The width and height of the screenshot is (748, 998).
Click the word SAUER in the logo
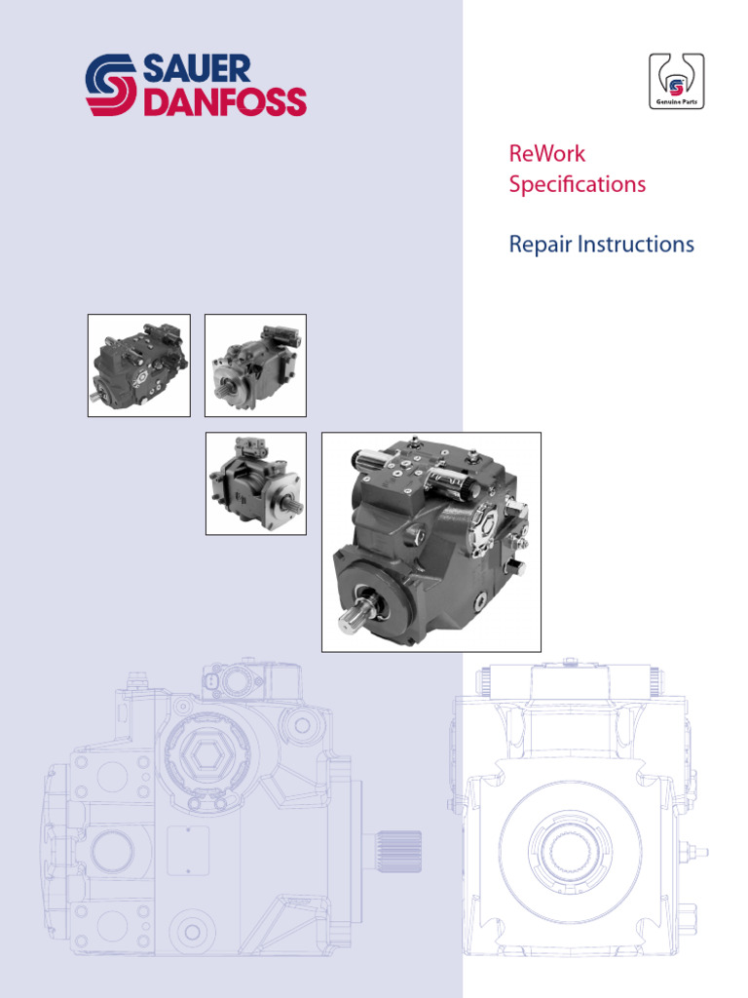click(x=197, y=69)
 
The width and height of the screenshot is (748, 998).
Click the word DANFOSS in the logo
click(x=224, y=101)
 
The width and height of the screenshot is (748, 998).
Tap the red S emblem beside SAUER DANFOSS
click(x=112, y=86)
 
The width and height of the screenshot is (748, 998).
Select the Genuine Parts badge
click(x=676, y=82)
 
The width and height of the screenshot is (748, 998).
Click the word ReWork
click(x=546, y=154)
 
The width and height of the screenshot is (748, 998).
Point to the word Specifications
click(x=577, y=184)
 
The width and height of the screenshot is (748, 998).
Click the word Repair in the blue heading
click(x=540, y=245)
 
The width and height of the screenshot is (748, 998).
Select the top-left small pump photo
click(x=138, y=365)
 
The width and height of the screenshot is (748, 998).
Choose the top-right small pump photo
click(x=255, y=365)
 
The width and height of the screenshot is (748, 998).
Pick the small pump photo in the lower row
click(x=255, y=483)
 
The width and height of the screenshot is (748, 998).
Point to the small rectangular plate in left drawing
click(x=188, y=851)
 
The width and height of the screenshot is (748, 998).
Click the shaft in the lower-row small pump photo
click(x=291, y=505)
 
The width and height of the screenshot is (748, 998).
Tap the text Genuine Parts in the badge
click(x=676, y=101)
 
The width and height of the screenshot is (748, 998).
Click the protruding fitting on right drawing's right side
click(x=697, y=852)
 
